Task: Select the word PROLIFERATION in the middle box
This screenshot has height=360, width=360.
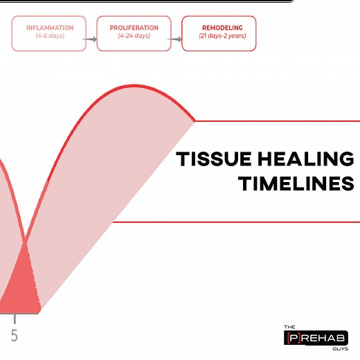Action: [x=134, y=28]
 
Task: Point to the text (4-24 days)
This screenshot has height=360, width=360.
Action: [x=134, y=35]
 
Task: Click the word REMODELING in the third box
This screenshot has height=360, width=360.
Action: [x=218, y=28]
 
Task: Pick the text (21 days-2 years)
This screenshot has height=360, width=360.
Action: [x=218, y=35]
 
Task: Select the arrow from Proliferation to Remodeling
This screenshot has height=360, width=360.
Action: [x=176, y=39]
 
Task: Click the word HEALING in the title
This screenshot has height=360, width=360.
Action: [x=302, y=160]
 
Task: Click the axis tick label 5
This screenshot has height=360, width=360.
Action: [x=14, y=336]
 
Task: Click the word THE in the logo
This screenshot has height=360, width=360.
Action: [x=291, y=327]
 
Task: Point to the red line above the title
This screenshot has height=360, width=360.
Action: [x=277, y=121]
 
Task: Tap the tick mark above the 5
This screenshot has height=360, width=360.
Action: [x=15, y=319]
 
